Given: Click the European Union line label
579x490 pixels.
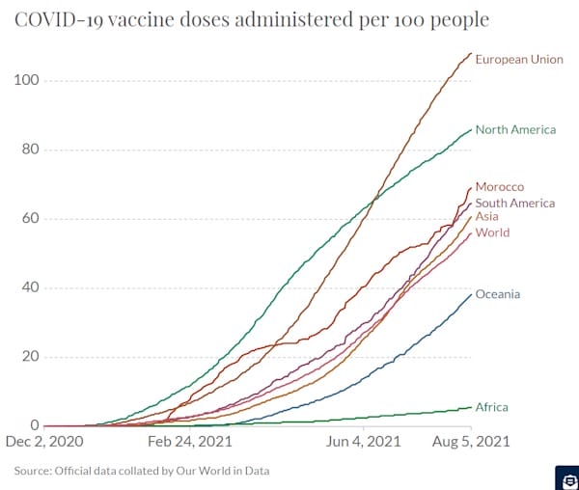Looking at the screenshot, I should click(519, 60).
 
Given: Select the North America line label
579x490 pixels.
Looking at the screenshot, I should click(515, 130).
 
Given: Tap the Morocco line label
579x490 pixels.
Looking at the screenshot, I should click(500, 186).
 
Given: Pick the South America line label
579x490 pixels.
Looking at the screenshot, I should click(515, 204).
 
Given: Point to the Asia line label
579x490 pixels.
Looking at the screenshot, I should click(487, 217).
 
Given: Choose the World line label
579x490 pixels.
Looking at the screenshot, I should click(492, 233).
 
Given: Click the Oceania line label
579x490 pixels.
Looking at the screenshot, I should click(498, 294).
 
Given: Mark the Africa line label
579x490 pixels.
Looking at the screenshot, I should click(491, 408).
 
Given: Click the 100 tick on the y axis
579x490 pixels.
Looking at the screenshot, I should click(25, 80).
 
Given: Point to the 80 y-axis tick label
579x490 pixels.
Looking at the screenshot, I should click(29, 150).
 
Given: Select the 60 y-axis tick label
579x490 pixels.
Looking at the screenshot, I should click(29, 219).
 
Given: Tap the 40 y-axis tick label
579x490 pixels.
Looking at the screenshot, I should click(29, 287).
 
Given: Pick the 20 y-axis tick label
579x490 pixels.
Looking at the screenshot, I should click(29, 357).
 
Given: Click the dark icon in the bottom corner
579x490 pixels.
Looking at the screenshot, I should click(566, 478).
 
